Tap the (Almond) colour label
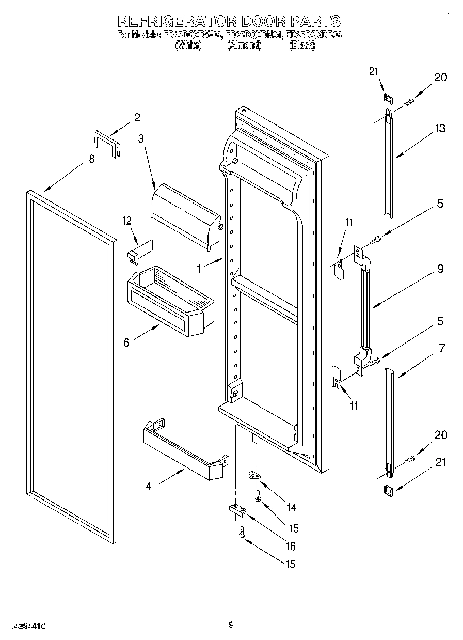[244, 45]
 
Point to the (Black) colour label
[302, 45]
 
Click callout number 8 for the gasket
[91, 159]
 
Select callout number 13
[439, 129]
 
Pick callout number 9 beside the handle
[439, 269]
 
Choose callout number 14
[291, 507]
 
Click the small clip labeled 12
[138, 249]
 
